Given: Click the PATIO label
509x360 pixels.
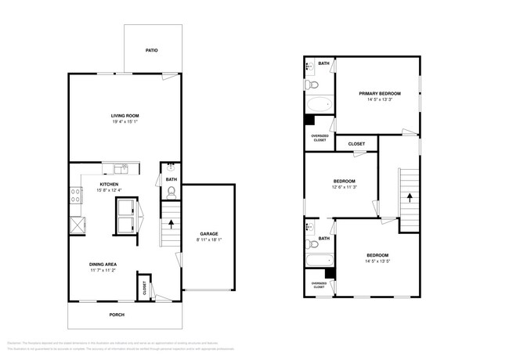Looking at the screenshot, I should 152,50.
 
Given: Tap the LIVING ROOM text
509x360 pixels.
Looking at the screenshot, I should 125,116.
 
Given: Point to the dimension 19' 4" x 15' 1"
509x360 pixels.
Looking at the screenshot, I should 125,122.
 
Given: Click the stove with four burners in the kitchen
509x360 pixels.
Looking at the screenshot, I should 76,196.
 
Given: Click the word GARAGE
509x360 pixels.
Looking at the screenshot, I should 208,233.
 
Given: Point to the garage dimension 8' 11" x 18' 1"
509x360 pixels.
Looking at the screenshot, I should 208,239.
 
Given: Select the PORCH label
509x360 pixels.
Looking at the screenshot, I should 116,315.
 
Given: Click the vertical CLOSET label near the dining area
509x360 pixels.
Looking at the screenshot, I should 144,287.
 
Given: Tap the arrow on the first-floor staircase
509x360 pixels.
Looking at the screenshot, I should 171,225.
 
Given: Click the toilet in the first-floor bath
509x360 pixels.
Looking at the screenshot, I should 171,192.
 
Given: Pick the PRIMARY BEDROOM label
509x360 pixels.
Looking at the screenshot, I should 379,93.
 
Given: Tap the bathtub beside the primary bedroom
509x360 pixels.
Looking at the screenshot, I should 319,104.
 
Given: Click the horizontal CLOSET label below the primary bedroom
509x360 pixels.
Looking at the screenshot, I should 356,144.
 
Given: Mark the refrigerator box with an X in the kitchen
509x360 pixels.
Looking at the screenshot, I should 77,225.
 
